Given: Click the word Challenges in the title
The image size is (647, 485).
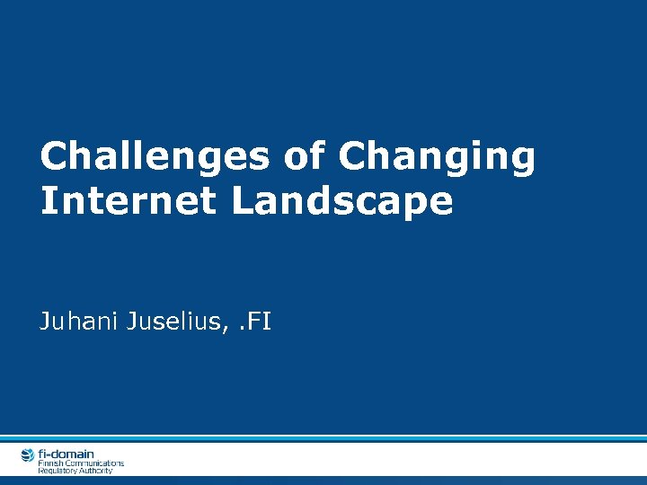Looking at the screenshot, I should tap(155, 157).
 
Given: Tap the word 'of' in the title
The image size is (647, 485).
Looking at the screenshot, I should tap(304, 157).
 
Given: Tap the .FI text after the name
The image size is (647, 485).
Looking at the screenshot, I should tap(253, 321).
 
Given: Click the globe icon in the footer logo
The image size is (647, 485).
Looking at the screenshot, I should tap(28, 455).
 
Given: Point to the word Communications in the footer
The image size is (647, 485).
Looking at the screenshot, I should tap(94, 463).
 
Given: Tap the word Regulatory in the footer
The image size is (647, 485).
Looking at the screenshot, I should tap(56, 471).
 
